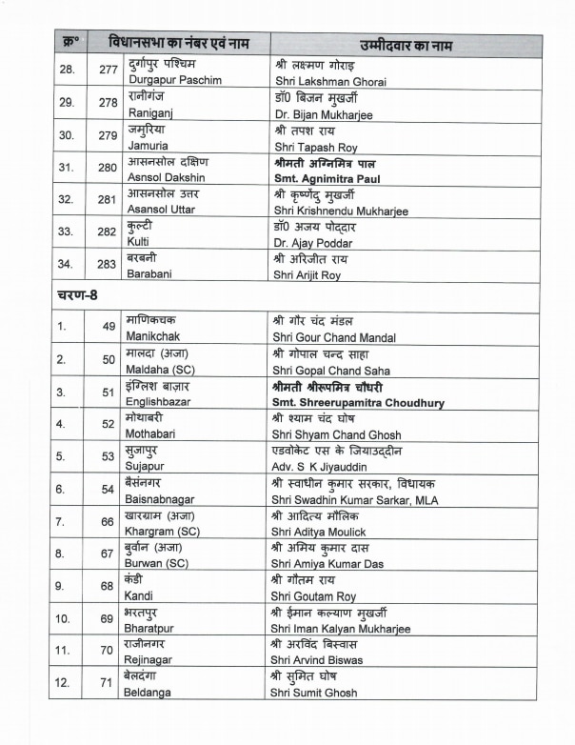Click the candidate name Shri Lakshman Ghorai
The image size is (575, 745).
[x=328, y=81]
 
